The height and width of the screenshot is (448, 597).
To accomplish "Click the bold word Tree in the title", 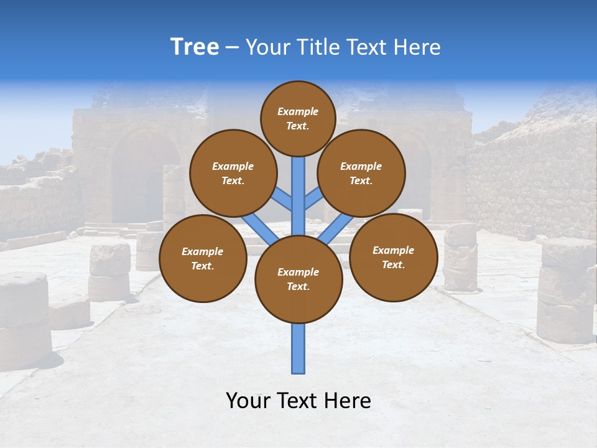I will tap(195, 47).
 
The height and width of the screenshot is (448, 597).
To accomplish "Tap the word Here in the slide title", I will tap(417, 47).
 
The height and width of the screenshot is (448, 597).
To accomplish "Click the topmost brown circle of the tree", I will tap(298, 118).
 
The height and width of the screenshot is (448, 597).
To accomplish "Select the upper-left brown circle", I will tap(233, 174).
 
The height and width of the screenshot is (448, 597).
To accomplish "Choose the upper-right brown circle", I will tap(361, 174).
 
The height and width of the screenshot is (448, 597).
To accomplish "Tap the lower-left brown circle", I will tap(203, 259).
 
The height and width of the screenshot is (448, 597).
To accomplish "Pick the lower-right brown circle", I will tap(393, 258).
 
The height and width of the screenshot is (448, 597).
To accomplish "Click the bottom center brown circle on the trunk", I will tap(298, 279).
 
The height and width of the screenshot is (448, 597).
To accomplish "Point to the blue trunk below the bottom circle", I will tap(298, 348).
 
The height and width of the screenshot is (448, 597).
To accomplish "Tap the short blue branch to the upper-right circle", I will tap(313, 199).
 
